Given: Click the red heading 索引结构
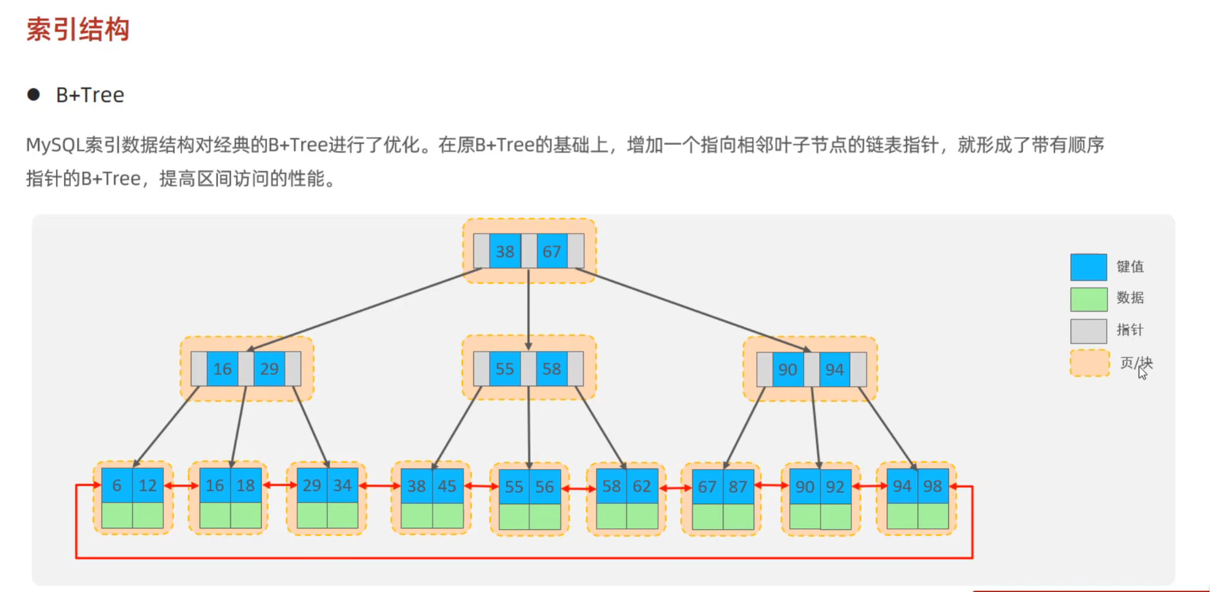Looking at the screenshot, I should coord(78,30).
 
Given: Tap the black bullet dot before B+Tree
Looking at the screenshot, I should coord(33,94).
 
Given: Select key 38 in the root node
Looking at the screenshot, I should coord(505,252).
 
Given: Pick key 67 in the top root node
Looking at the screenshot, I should coord(551,252).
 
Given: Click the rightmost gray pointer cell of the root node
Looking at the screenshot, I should coord(576,252).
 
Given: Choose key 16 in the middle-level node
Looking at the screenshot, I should coord(222,368).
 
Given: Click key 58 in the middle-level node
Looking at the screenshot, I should coord(551,368).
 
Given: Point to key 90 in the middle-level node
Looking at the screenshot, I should coord(787,369).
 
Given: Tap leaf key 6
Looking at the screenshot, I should coord(117,485).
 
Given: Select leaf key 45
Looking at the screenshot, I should coord(447,486).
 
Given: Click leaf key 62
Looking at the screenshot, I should coord(641,486).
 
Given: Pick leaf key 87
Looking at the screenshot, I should coord(738,487).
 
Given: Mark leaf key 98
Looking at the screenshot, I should coord(932,486).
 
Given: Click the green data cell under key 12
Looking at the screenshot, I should coord(148,515).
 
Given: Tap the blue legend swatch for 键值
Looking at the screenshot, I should coord(1088,267).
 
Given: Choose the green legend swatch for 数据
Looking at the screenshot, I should coord(1088,299).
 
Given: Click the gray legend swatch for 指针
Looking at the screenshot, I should coord(1088,331).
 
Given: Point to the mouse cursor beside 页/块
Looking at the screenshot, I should coord(1142,373).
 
